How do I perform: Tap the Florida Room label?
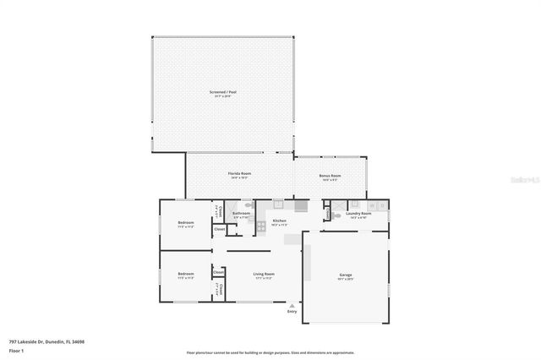tap(239, 173)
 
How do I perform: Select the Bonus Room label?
tap(330, 176)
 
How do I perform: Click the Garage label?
tap(345, 275)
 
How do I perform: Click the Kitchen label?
tap(279, 221)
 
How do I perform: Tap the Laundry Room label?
tap(359, 214)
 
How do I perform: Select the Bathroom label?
tap(241, 214)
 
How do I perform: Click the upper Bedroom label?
tap(186, 223)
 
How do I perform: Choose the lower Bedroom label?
tap(186, 274)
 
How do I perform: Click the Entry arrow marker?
tap(292, 304)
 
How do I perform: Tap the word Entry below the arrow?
tap(292, 312)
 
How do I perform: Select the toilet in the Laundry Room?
tap(356, 204)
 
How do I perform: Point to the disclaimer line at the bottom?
tap(270, 352)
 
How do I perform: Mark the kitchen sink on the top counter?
tap(300, 205)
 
